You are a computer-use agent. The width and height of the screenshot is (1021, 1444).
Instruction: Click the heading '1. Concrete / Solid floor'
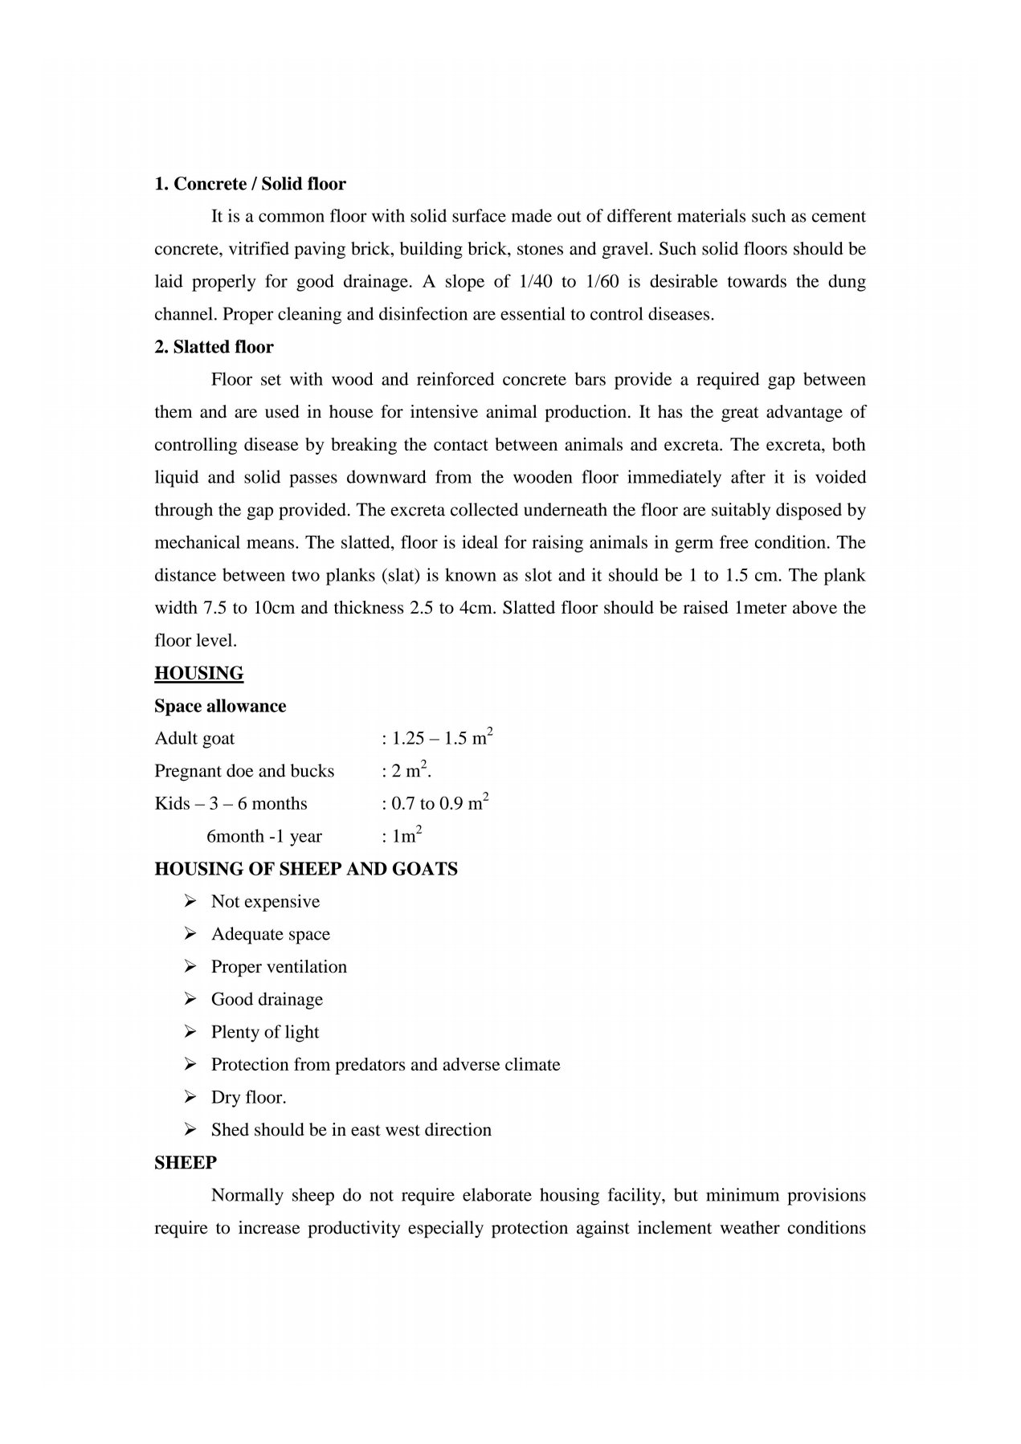coord(250,184)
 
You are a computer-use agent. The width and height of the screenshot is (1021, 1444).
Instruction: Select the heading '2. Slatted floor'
coord(214,347)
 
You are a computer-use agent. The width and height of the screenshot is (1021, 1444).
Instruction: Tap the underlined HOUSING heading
coord(198,673)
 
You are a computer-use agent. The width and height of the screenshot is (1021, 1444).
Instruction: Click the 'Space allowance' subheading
coord(220,706)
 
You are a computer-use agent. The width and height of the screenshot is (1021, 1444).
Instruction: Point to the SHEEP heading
coord(186,1162)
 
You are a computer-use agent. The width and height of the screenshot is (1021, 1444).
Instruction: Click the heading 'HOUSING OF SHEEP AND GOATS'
coord(305,869)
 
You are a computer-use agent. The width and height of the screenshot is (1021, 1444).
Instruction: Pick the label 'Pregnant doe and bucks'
coord(244,771)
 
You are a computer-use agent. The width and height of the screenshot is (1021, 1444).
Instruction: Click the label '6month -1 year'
coord(264,837)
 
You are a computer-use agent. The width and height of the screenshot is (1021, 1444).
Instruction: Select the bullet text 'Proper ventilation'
coord(279,967)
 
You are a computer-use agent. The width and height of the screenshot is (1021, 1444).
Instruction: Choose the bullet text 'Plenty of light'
coord(265,1032)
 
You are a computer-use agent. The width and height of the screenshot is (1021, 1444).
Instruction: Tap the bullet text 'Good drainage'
coord(267,1000)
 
